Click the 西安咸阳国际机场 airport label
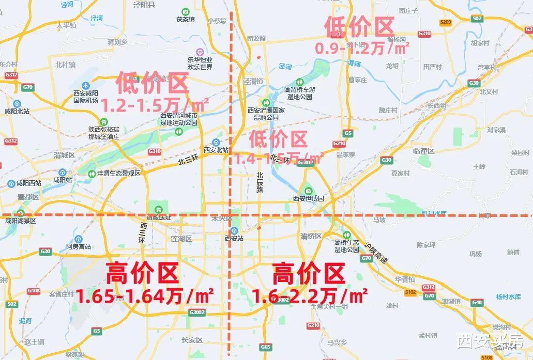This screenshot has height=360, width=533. point(85,97)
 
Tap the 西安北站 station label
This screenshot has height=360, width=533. point(216,150)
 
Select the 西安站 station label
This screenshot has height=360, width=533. point(234,238)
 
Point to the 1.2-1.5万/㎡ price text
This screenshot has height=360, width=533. point(155,106)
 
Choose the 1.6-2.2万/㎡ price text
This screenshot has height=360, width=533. point(310,296)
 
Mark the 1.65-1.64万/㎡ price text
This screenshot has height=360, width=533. point(145,296)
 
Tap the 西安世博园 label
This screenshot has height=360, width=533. point(308,198)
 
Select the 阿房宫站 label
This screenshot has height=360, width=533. point(78,246)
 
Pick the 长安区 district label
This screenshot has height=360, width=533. point(192,340)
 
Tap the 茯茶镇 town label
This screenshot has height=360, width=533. point(185,19)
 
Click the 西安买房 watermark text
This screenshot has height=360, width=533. point(490,341)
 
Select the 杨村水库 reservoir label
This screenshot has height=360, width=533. point(509,296)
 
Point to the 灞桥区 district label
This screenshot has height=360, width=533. point(311,236)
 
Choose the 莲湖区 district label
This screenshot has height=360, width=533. point(181,239)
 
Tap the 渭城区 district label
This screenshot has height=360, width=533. point(65,155)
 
